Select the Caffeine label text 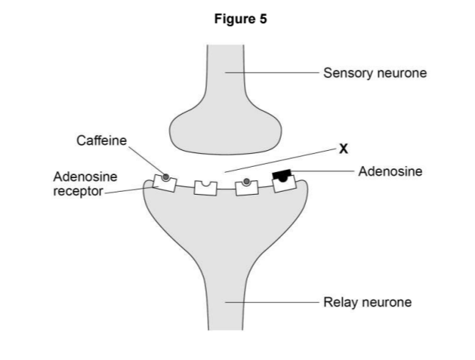click(101, 140)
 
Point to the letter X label click(344, 149)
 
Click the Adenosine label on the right click(390, 171)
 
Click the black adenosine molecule click(282, 176)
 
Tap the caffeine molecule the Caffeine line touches click(165, 177)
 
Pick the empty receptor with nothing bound click(205, 186)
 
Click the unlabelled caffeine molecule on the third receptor click(246, 182)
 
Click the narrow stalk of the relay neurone click(225, 302)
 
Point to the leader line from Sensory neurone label click(272, 73)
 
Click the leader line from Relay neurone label click(272, 302)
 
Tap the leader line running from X click(279, 161)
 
